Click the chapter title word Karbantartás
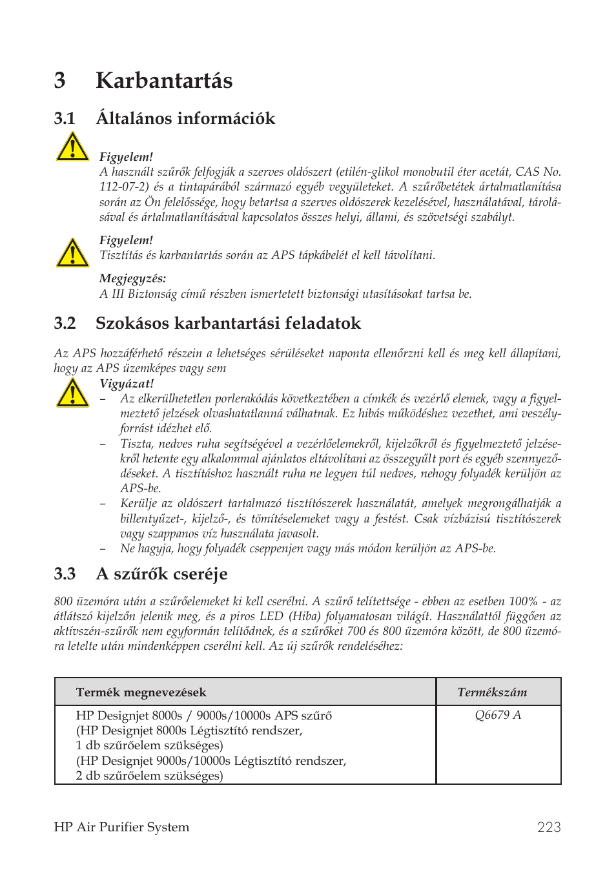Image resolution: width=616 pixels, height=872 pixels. coord(164,81)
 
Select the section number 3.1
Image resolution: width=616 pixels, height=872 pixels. coord(65,119)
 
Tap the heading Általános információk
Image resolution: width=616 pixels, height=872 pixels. coord(185,119)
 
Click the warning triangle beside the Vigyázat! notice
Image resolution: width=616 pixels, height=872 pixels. coord(72,393)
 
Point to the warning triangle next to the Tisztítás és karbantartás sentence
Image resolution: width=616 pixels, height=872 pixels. coord(72,253)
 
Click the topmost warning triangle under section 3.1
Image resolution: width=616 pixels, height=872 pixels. coord(72,147)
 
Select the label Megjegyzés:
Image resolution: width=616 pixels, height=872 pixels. coord(132,278)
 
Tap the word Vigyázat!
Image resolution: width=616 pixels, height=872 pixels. coord(127,384)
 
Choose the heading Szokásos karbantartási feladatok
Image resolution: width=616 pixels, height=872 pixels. coord(228,324)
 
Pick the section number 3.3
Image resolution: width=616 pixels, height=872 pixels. coord(65,574)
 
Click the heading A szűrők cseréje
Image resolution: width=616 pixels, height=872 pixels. coord(161,574)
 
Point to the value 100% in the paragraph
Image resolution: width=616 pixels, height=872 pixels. coord(523,601)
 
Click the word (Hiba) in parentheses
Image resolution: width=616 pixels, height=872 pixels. coord(307,616)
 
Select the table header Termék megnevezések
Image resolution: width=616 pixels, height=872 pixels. coord(141,692)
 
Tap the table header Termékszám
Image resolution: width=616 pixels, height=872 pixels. coord(492,692)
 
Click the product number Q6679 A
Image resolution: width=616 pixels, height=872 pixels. coord(498,715)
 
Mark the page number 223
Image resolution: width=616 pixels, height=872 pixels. coord(549,827)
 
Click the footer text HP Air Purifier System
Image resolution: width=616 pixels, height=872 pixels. coord(121,827)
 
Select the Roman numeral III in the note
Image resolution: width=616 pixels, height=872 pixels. coord(118,294)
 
